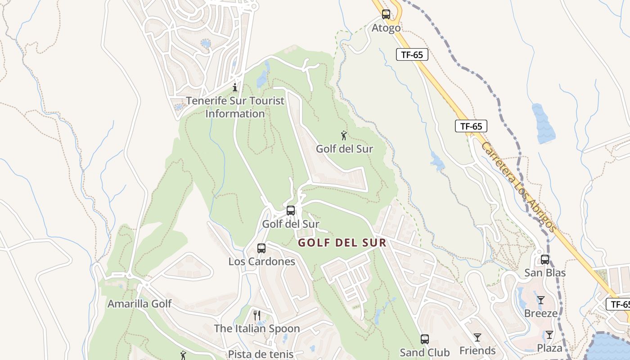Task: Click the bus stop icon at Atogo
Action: point(386,14)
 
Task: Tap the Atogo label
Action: point(386,28)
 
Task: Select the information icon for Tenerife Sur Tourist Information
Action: point(235,87)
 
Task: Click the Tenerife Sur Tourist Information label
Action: point(235,107)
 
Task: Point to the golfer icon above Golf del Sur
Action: point(344,135)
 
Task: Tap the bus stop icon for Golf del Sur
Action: point(291,210)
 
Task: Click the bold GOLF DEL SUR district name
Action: point(342,243)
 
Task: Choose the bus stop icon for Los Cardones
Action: point(261,248)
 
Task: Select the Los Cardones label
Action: point(262,261)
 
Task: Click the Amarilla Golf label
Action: point(139,304)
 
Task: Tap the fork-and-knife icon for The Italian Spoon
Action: point(256,315)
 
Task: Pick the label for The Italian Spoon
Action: point(257,328)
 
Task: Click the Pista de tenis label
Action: point(261,354)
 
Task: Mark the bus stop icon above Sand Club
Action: point(425,339)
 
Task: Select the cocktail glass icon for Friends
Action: point(477,337)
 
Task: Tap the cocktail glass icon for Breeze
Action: point(541,300)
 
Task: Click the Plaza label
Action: point(549,348)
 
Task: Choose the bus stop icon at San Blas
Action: point(545,260)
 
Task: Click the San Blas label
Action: point(545,273)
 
